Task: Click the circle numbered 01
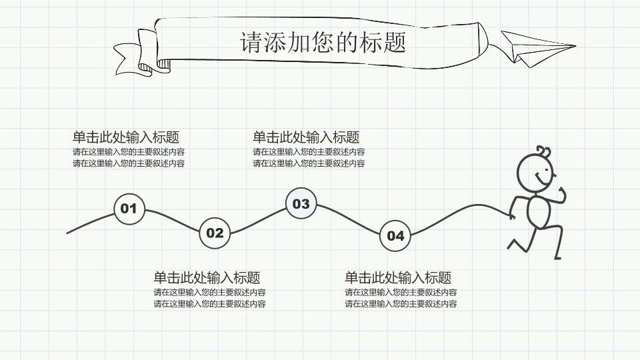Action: [x=129, y=209]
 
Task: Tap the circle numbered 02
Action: [x=215, y=233]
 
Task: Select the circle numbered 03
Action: [x=301, y=203]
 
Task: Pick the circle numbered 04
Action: [x=395, y=235]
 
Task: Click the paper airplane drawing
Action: [x=533, y=49]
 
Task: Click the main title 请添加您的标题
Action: [x=323, y=42]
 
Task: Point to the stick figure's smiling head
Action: [x=535, y=175]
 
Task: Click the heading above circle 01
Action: [x=126, y=137]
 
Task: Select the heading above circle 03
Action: [x=306, y=137]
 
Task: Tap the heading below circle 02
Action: [x=207, y=278]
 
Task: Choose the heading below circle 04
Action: [x=398, y=278]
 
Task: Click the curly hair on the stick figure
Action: [x=544, y=152]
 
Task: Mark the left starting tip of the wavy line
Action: [x=68, y=233]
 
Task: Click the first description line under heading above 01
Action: [x=129, y=152]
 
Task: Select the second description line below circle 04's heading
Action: [x=401, y=304]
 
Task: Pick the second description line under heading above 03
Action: [x=309, y=163]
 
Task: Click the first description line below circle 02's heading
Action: [x=209, y=292]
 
